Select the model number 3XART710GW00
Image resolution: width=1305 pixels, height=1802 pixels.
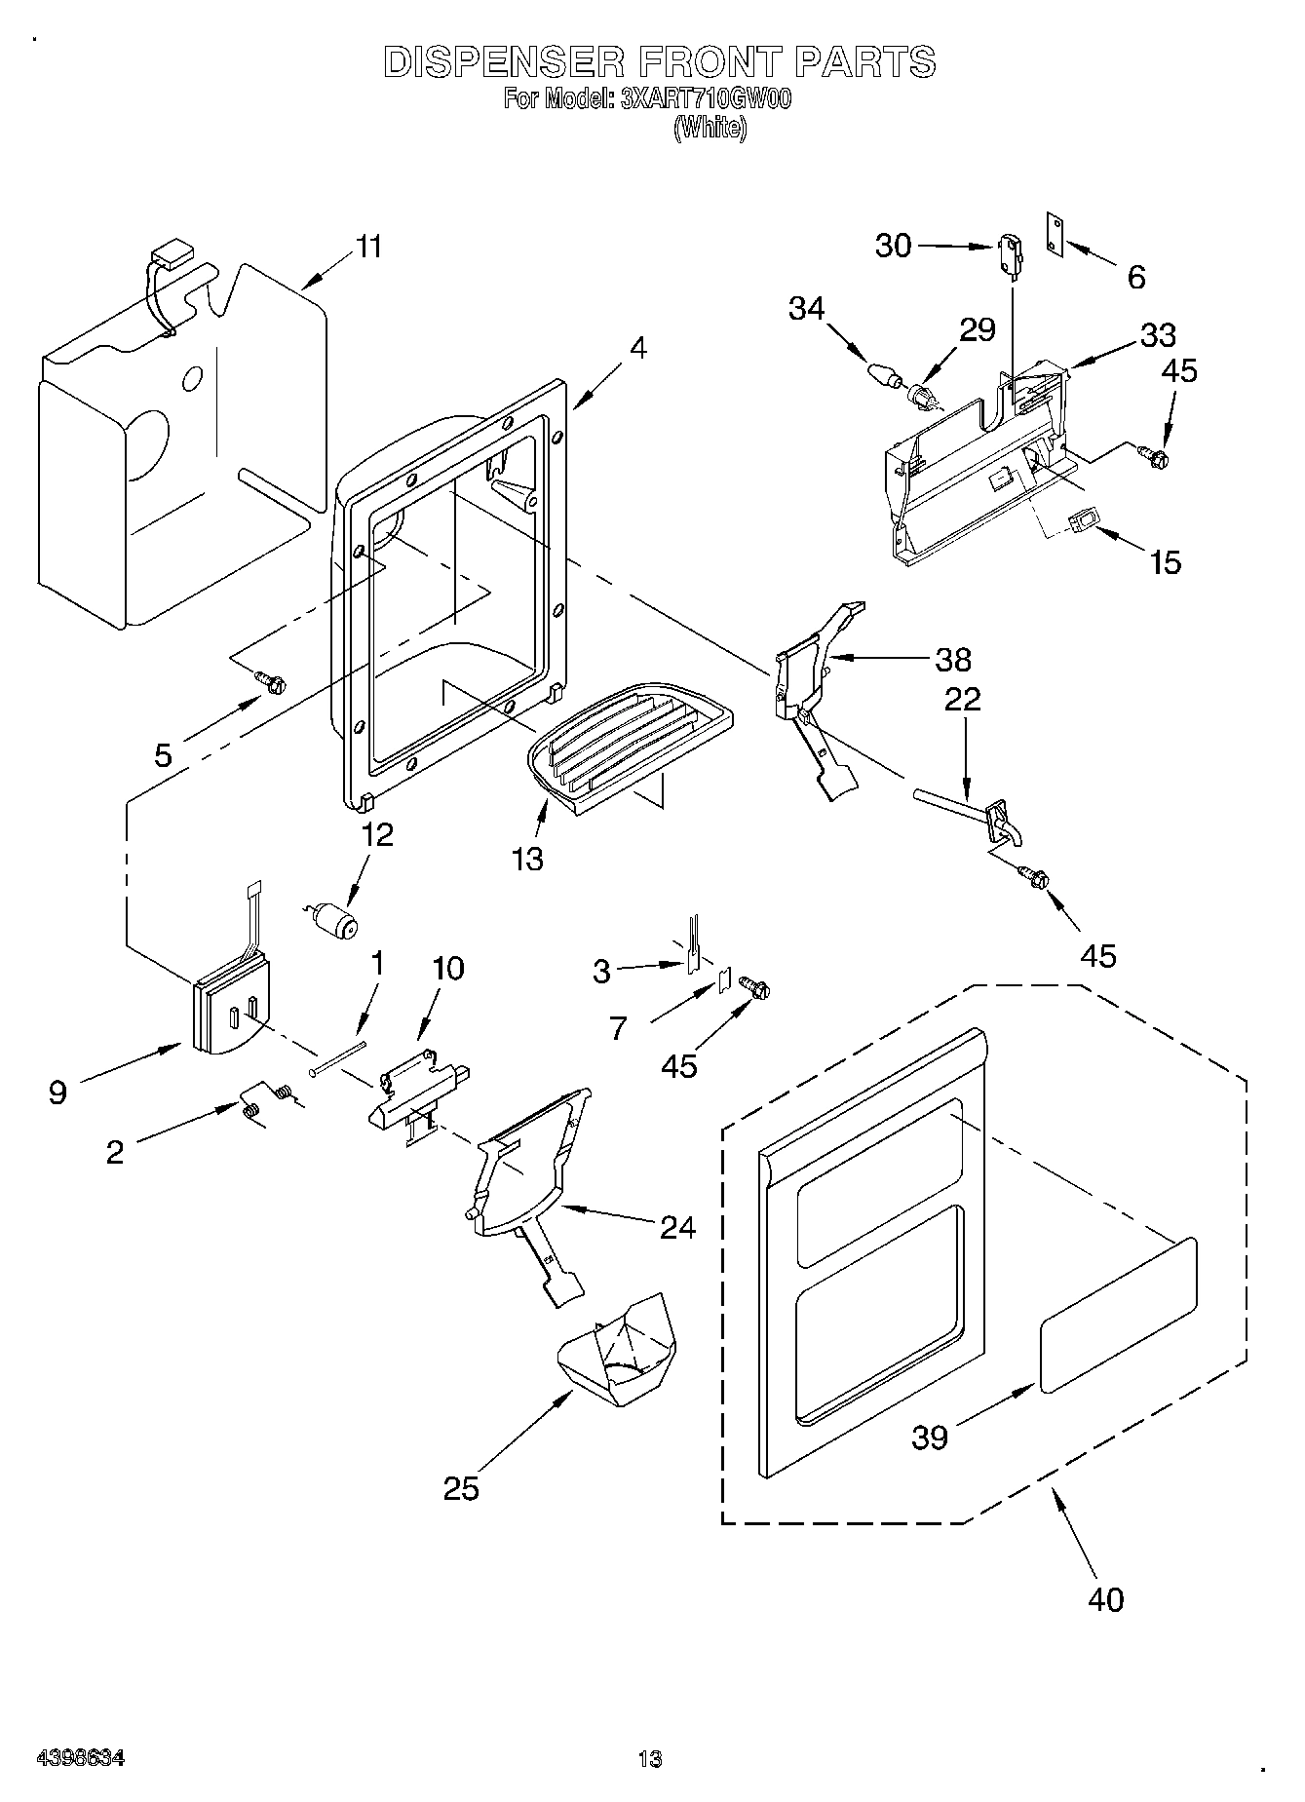pyautogui.click(x=704, y=98)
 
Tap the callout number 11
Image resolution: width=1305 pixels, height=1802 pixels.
pyautogui.click(x=367, y=247)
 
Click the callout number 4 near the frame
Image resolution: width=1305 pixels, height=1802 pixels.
pyautogui.click(x=636, y=348)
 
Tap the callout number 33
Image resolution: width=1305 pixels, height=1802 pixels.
pyautogui.click(x=1158, y=334)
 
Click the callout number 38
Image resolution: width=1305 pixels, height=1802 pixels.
pyautogui.click(x=953, y=659)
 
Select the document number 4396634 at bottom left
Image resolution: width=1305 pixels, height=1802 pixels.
pyautogui.click(x=80, y=1758)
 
